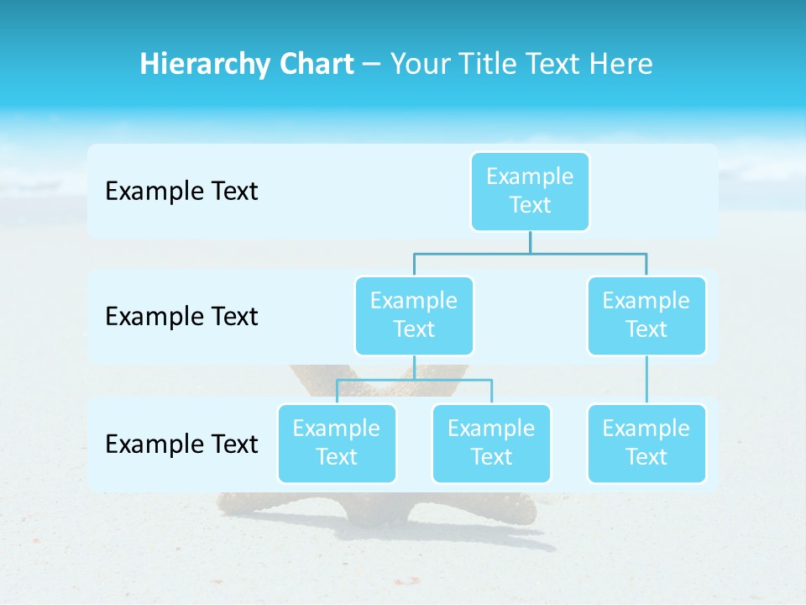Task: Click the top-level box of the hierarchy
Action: pyautogui.click(x=530, y=191)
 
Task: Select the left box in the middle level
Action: pyautogui.click(x=414, y=315)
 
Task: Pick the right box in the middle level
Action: pyautogui.click(x=646, y=315)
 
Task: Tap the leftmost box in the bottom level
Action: pyautogui.click(x=337, y=443)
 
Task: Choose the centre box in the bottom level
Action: pyautogui.click(x=491, y=443)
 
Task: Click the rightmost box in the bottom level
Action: pyautogui.click(x=646, y=443)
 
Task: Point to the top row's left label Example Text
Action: pyautogui.click(x=181, y=192)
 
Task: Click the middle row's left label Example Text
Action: pyautogui.click(x=181, y=317)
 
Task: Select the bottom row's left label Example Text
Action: pyautogui.click(x=181, y=444)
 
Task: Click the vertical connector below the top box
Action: pyautogui.click(x=530, y=242)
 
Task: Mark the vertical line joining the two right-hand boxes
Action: pyautogui.click(x=646, y=380)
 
